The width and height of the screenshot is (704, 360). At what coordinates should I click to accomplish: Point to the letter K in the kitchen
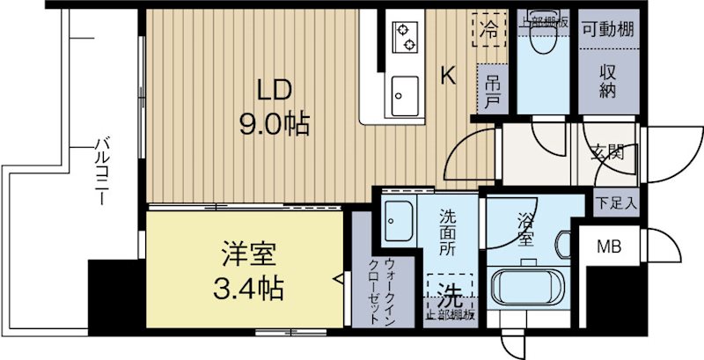pyautogui.click(x=448, y=77)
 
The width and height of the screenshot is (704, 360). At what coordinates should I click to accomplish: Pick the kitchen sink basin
pyautogui.click(x=406, y=91)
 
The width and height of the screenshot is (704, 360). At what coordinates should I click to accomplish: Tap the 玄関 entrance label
pyautogui.click(x=608, y=151)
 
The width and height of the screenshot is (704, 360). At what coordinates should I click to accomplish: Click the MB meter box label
pyautogui.click(x=610, y=246)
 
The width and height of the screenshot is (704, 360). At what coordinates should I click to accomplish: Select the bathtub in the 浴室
pyautogui.click(x=526, y=287)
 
